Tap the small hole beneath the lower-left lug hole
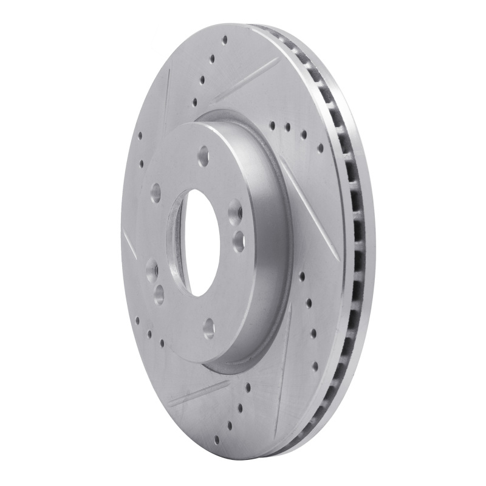(x=160, y=293)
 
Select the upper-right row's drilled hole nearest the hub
(x=272, y=126)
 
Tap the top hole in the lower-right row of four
(x=302, y=276)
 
